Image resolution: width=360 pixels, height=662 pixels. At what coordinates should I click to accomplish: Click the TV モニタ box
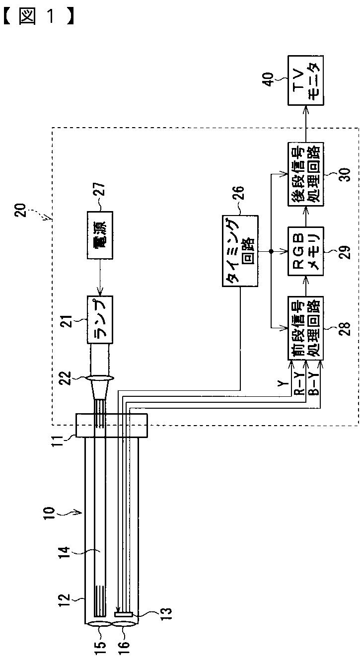[x=305, y=80]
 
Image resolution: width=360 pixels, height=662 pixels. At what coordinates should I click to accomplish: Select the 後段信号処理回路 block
[x=305, y=174]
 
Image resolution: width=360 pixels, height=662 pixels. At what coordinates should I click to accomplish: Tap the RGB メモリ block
[x=305, y=251]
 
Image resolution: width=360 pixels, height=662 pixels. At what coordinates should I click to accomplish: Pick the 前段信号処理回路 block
[x=305, y=328]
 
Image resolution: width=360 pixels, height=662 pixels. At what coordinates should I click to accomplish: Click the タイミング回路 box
[x=240, y=251]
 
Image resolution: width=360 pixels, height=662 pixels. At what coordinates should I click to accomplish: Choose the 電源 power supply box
[x=100, y=235]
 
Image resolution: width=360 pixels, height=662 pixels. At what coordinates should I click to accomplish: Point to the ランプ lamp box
[x=100, y=319]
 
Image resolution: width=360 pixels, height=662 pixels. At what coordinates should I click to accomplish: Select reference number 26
[x=239, y=194]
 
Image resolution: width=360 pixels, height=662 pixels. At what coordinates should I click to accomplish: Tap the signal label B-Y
[x=314, y=383]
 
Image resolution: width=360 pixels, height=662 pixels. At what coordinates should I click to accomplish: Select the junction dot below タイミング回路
[x=271, y=251]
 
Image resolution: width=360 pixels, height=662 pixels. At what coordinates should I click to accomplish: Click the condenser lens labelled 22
[x=100, y=378]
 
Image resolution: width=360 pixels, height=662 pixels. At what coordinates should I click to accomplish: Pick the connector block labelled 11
[x=111, y=425]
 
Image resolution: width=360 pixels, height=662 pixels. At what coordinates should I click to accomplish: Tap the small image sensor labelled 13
[x=124, y=614]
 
